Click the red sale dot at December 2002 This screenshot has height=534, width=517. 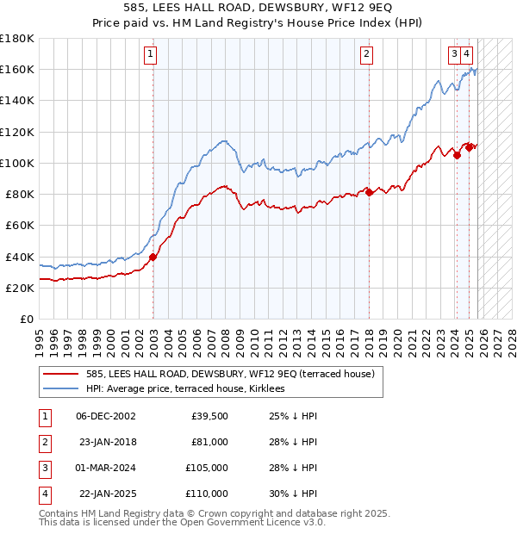tap(153, 257)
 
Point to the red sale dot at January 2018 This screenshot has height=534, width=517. tap(369, 191)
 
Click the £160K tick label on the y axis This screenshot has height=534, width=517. tap(17, 69)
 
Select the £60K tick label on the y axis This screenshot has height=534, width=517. tap(19, 226)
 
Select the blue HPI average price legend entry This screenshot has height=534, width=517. tap(190, 389)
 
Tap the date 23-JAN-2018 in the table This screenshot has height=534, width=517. tap(108, 442)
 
